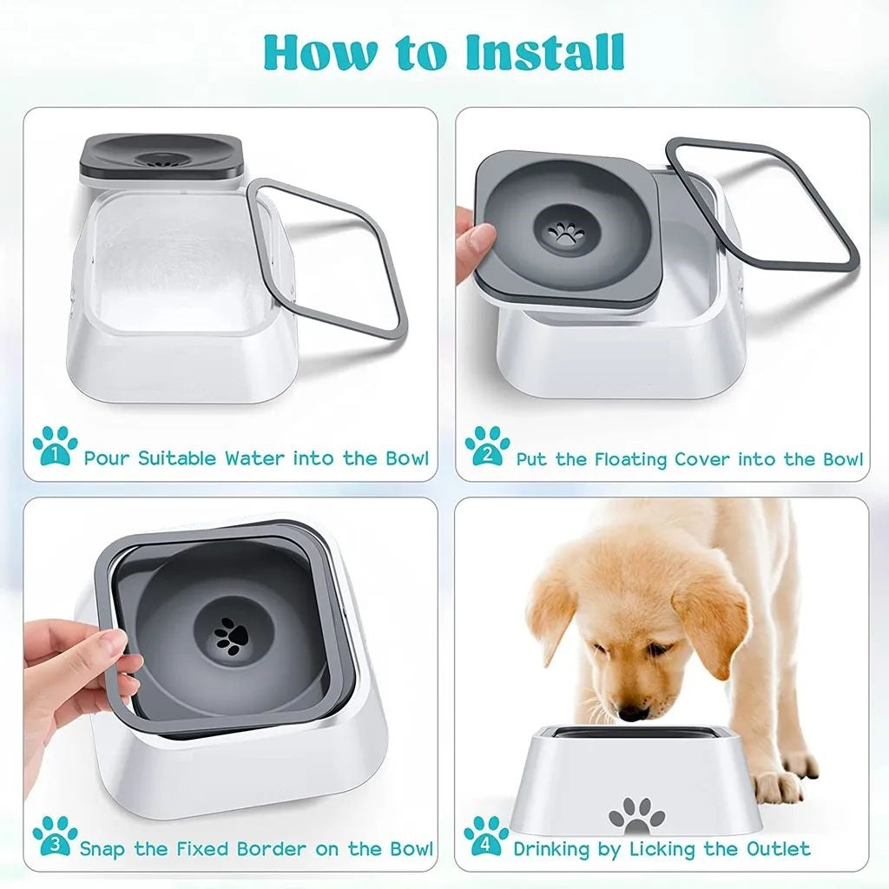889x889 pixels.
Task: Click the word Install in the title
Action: (x=544, y=53)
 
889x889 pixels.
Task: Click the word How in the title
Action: (x=318, y=53)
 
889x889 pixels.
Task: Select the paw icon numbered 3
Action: (x=54, y=836)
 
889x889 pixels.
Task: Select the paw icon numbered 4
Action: (x=486, y=836)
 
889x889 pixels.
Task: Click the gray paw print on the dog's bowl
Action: (x=636, y=815)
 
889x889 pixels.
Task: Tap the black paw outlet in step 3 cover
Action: (x=230, y=636)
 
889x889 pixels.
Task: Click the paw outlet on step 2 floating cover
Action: (x=566, y=234)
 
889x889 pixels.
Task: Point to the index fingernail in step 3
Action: (x=113, y=643)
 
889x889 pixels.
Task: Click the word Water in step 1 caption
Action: (x=256, y=458)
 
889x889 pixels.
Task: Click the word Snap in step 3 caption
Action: (x=104, y=848)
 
